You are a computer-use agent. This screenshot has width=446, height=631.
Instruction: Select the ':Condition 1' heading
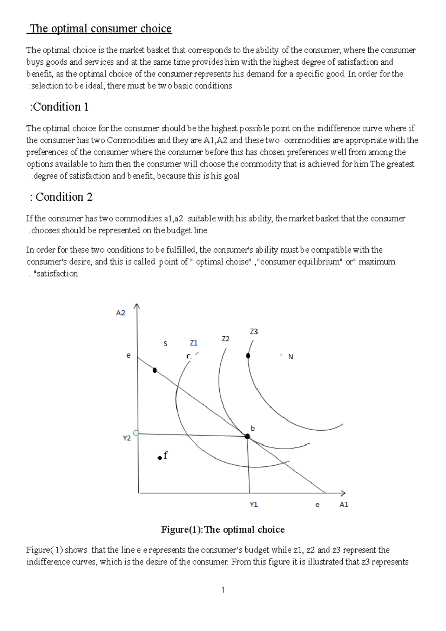click(59, 107)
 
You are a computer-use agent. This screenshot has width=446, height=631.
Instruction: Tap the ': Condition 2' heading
click(61, 197)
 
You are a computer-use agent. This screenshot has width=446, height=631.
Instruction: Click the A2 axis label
click(121, 313)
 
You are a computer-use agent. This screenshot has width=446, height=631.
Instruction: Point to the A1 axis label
click(344, 505)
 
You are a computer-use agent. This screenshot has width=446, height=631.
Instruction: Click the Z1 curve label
click(194, 343)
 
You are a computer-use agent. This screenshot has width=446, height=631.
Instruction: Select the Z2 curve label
click(226, 339)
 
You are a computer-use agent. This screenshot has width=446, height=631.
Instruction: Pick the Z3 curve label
click(254, 331)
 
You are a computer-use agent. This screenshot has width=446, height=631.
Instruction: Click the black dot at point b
click(247, 436)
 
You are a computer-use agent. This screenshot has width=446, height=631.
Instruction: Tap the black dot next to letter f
click(160, 457)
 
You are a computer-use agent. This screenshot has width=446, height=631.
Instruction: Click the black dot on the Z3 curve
click(248, 356)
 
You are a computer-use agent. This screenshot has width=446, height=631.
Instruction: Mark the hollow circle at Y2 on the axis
click(136, 433)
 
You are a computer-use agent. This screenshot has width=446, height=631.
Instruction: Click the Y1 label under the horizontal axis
click(254, 505)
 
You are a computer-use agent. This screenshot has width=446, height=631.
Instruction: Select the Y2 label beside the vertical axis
click(127, 439)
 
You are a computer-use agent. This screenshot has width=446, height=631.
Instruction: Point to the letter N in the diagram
click(291, 357)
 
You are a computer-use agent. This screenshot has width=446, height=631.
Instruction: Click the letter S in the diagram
click(165, 344)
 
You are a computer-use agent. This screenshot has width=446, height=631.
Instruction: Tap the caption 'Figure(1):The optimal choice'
click(223, 530)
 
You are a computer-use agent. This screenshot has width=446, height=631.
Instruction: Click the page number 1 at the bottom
click(223, 590)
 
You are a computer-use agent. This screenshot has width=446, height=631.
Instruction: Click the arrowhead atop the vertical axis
click(137, 306)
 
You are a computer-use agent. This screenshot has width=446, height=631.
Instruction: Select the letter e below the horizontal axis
click(317, 505)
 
